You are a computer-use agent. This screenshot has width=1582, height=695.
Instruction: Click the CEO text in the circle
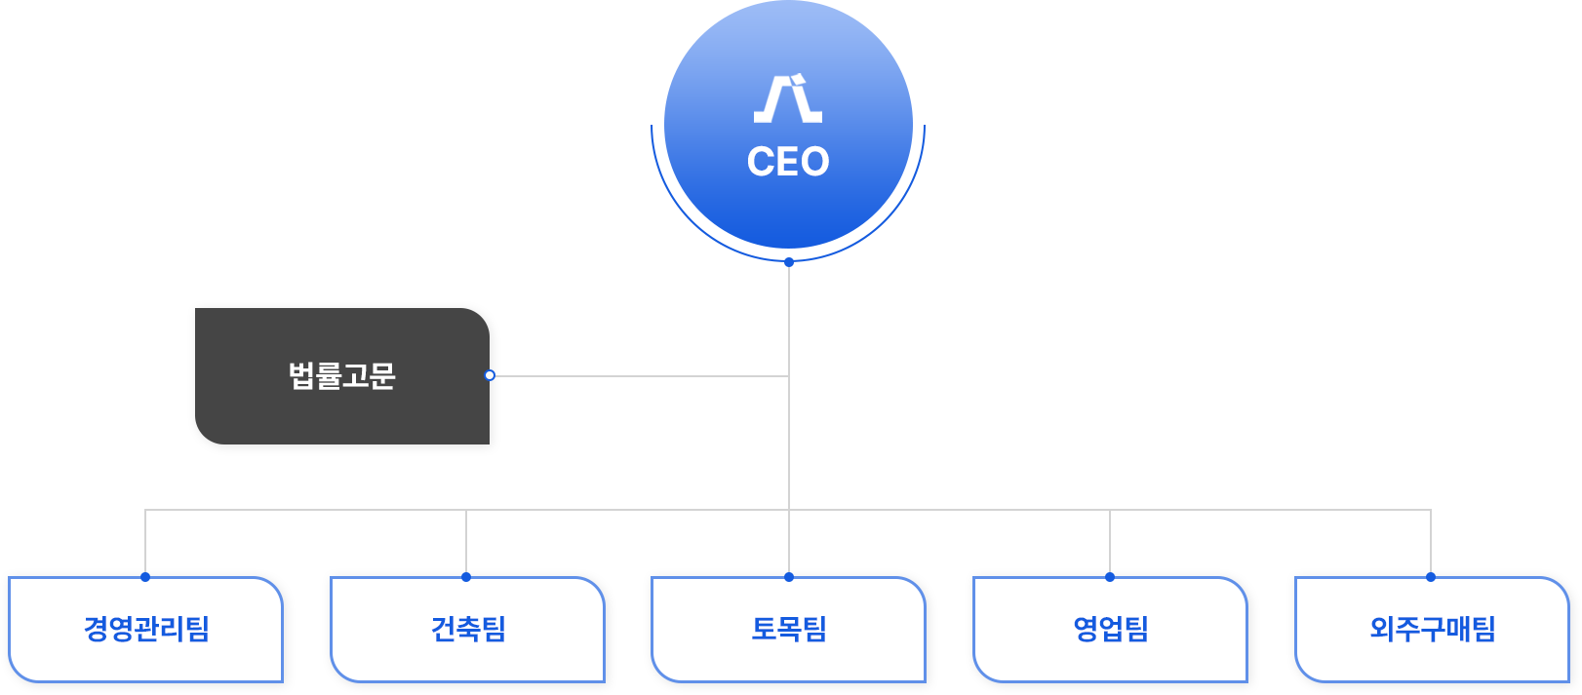coord(788,162)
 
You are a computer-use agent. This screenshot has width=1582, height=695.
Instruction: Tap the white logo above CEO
coord(788,99)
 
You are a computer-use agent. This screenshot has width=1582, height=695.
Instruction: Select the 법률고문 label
coord(342,376)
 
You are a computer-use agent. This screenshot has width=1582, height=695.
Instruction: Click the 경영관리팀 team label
coord(147,629)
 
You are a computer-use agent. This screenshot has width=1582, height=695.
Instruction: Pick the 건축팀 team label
coord(468,629)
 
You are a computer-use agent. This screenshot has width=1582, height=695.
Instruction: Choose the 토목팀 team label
coord(789,629)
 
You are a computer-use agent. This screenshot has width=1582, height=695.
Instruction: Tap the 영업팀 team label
coord(1111,629)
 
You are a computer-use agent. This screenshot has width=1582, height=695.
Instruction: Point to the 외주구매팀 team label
coord(1433,629)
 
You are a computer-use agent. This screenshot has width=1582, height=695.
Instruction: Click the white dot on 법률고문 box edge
coord(490,375)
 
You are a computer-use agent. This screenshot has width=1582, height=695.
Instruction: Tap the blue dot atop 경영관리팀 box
coord(145,577)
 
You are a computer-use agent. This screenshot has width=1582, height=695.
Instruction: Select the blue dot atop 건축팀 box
coord(466,577)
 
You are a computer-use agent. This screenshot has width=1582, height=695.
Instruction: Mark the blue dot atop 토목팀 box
coord(789,577)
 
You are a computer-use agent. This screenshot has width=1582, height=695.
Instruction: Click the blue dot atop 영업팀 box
coord(1110,577)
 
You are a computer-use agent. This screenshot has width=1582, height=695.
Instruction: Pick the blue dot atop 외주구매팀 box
coord(1431,577)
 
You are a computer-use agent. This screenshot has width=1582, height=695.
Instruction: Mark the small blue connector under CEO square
coord(789,264)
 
